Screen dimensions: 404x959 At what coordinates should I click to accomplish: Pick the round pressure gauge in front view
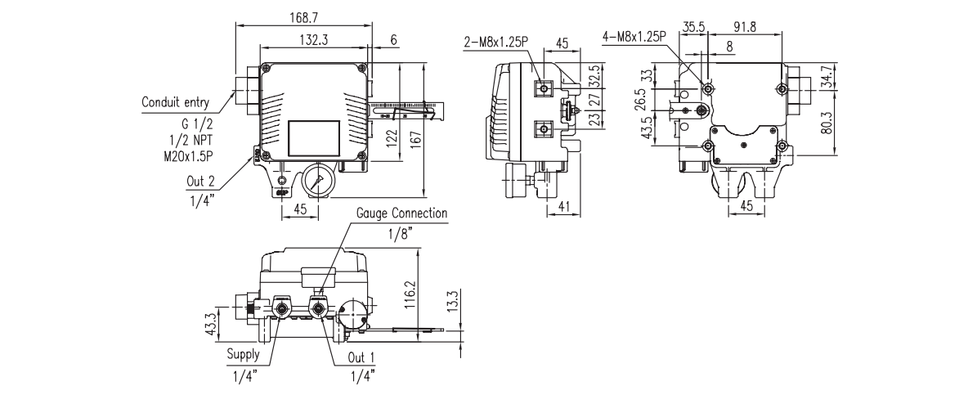point(316,181)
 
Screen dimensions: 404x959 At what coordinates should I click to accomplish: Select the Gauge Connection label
point(402,213)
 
